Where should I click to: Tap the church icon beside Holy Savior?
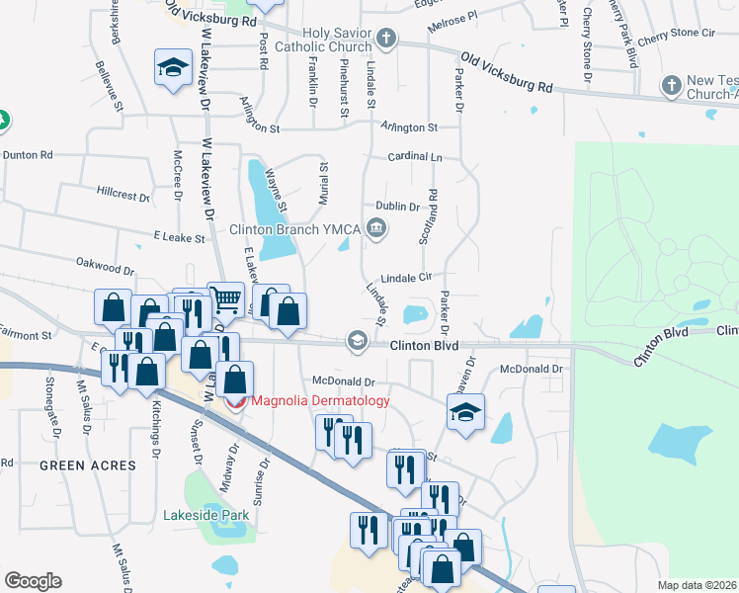[386, 40]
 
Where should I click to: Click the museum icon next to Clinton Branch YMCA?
[375, 229]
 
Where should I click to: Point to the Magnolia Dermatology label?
[320, 400]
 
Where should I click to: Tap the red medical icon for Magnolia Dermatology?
[235, 400]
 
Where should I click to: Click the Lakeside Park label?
[206, 515]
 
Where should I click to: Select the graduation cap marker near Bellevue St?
[173, 67]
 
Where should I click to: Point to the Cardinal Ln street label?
[415, 156]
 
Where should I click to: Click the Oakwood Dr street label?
[105, 269]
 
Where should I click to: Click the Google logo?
[33, 580]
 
